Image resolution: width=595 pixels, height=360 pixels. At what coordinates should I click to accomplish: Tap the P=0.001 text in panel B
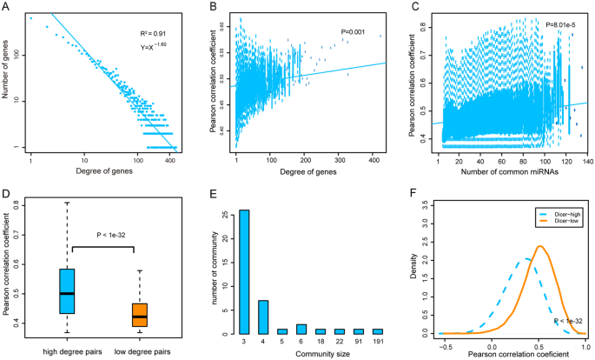point(355,32)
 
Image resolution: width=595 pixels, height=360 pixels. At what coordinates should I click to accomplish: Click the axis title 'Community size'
point(311,353)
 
